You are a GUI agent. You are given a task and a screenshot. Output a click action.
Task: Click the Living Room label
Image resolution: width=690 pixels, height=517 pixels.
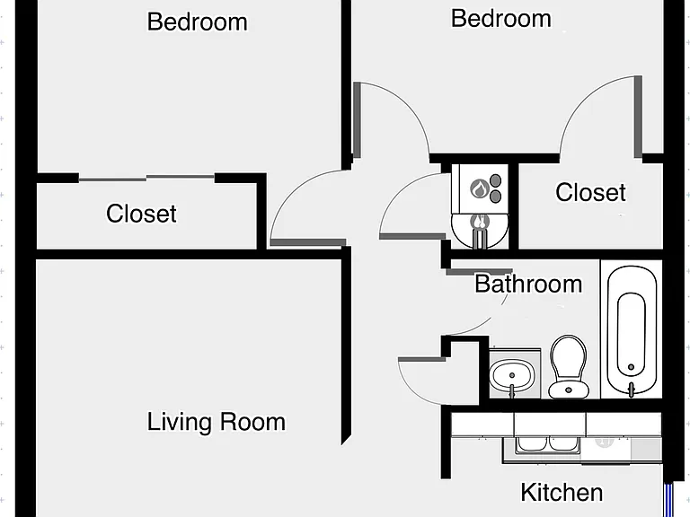click(x=216, y=422)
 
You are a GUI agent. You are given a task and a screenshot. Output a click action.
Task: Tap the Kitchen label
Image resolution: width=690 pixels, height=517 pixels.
click(x=562, y=492)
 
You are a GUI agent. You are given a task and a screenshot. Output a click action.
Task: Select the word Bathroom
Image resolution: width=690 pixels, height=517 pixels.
click(x=528, y=284)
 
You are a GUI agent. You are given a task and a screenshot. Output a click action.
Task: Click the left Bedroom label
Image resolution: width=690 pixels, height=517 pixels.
click(x=197, y=22)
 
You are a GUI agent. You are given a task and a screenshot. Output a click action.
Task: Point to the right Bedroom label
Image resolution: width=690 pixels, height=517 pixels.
click(x=500, y=19)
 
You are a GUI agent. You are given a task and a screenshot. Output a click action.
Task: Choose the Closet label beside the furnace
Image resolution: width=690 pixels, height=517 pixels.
click(x=590, y=192)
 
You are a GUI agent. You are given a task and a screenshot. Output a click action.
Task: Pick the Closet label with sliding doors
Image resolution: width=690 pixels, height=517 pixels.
click(x=141, y=214)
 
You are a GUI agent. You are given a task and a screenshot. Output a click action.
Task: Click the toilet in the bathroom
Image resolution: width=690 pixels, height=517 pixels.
click(x=569, y=366)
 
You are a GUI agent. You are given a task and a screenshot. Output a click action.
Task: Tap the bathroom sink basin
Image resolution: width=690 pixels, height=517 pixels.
click(x=512, y=376)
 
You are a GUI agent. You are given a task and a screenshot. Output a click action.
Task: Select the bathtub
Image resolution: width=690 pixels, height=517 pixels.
click(x=632, y=329)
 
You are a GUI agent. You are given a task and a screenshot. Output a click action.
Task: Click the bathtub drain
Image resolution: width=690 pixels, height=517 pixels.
click(x=631, y=366)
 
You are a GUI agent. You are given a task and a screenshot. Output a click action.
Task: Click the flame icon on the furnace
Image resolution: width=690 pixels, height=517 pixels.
click(x=479, y=188)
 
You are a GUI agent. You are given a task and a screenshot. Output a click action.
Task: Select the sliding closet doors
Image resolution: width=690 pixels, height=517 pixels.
click(x=146, y=178)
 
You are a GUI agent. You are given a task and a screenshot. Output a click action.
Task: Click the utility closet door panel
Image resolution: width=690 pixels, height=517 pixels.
click(x=412, y=237)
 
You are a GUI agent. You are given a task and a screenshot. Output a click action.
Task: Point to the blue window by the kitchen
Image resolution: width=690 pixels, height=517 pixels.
click(x=668, y=500)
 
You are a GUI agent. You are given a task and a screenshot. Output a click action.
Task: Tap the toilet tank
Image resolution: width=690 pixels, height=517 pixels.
click(x=569, y=390)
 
